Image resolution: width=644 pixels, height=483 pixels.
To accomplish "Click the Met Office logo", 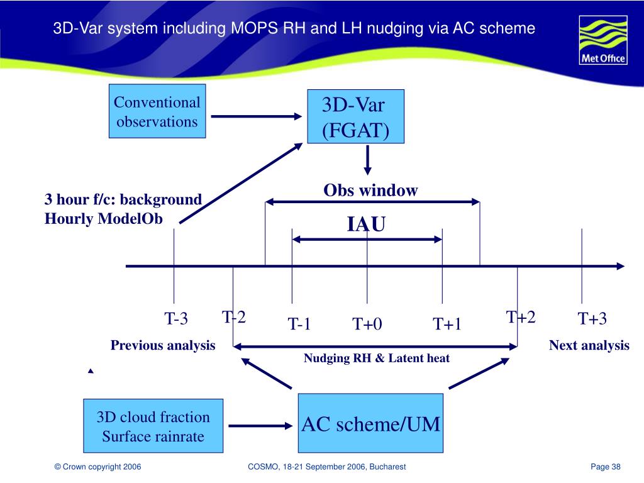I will [602, 42].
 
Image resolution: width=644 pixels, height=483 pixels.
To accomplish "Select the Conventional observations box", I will [157, 111].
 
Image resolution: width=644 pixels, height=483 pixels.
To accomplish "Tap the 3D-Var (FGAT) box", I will [355, 116].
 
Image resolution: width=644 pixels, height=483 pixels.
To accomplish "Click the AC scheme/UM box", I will [370, 424].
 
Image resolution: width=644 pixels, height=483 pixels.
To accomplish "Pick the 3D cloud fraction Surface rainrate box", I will [153, 426].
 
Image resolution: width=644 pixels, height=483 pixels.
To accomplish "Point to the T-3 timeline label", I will [176, 319].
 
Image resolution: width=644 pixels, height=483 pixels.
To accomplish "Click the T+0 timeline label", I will [367, 324].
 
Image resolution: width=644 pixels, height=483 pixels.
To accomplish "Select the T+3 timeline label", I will [592, 319].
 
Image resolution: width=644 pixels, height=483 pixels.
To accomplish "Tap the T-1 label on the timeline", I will [299, 324].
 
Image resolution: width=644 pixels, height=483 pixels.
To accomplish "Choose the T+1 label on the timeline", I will [447, 324].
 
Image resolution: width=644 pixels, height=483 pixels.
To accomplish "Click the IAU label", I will [366, 225].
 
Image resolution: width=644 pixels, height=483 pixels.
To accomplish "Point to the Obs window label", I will [370, 191].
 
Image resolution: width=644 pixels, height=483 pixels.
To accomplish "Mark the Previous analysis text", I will [163, 345].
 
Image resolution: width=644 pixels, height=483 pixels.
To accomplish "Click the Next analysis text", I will [589, 345].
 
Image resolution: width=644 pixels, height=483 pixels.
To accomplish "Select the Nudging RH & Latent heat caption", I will [377, 358].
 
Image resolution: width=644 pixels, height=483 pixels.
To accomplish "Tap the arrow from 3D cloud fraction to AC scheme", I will [261, 425].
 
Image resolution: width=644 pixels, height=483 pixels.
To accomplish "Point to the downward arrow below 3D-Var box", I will [368, 162].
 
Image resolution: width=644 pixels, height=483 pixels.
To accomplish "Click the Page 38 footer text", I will [606, 466].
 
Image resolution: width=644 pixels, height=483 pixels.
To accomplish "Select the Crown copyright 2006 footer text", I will [97, 466].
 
